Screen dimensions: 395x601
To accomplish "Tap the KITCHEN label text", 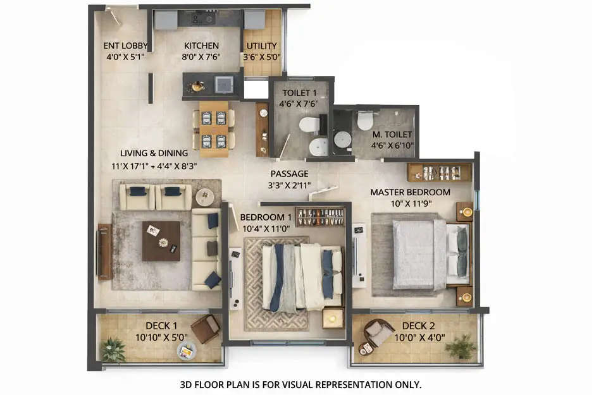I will click(201, 46).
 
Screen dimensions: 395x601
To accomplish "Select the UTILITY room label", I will click(262, 46).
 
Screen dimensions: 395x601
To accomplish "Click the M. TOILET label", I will click(392, 134).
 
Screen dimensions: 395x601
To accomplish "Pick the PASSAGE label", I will click(289, 173).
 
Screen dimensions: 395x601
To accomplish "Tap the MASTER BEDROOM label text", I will click(410, 192).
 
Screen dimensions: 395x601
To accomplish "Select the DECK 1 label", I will click(158, 325).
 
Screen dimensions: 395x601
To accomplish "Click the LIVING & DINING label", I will click(154, 153).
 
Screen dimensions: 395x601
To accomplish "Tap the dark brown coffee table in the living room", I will click(161, 241).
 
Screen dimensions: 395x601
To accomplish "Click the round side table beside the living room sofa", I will click(204, 197).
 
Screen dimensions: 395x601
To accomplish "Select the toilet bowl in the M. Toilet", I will click(365, 120).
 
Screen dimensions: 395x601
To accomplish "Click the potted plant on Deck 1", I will click(113, 349).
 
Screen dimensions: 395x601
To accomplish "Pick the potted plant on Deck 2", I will click(461, 346).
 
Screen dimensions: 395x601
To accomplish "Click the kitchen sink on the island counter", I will click(223, 84).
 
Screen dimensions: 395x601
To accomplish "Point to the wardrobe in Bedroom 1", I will click(319, 217).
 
